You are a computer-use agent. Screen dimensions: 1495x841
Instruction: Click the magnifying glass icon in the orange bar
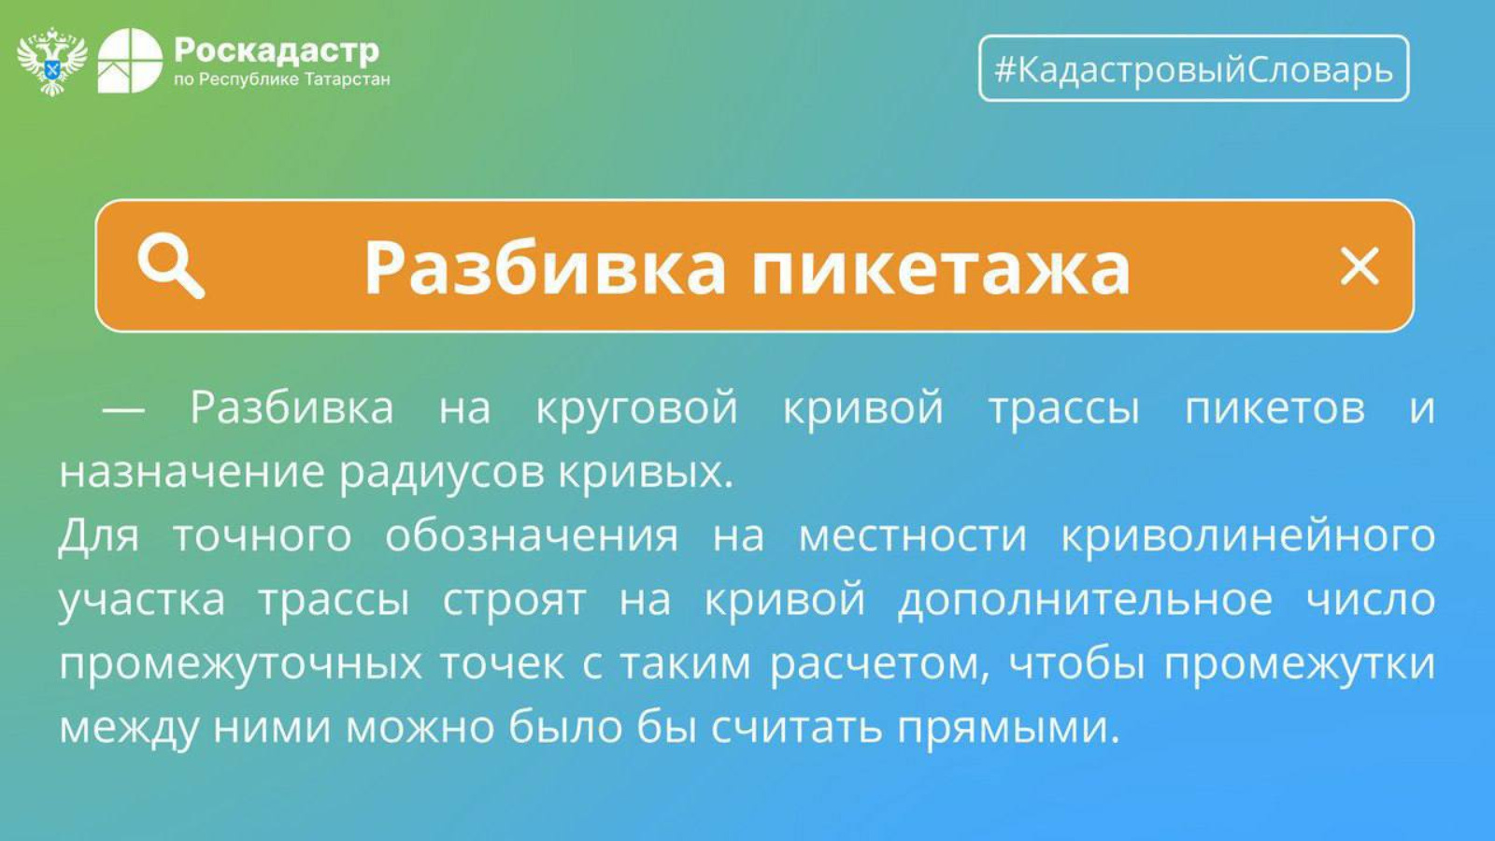point(171,266)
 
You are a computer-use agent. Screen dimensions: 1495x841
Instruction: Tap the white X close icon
point(1360,266)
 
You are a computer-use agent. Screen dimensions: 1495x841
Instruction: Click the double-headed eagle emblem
point(52,62)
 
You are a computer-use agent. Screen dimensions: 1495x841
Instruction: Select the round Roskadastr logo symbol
point(130,61)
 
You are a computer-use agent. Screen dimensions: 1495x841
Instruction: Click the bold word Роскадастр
point(277,50)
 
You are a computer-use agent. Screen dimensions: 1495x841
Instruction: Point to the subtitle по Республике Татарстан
point(281,80)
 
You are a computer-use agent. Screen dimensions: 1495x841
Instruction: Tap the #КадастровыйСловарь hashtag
point(1194,69)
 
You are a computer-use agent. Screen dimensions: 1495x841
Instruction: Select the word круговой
point(636,407)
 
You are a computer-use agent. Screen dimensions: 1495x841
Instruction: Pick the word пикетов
point(1274,407)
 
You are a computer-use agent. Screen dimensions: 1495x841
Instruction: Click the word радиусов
point(442,473)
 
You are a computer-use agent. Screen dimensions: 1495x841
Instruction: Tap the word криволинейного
point(1248,536)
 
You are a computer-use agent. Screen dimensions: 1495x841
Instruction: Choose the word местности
point(912,537)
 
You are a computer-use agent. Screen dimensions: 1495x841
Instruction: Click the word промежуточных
point(241,664)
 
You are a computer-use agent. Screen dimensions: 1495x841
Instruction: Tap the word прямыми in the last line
point(1007,729)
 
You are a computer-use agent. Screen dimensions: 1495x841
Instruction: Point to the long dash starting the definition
point(122,409)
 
